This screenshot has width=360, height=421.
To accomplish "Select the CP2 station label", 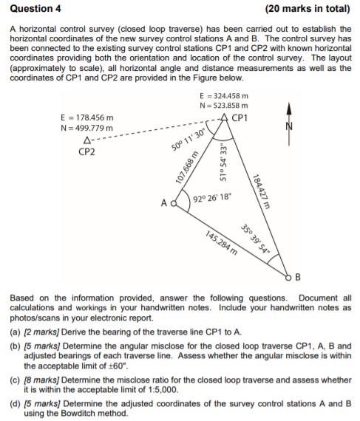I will pos(88,151).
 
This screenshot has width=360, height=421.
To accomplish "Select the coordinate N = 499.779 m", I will pos(86,127).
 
